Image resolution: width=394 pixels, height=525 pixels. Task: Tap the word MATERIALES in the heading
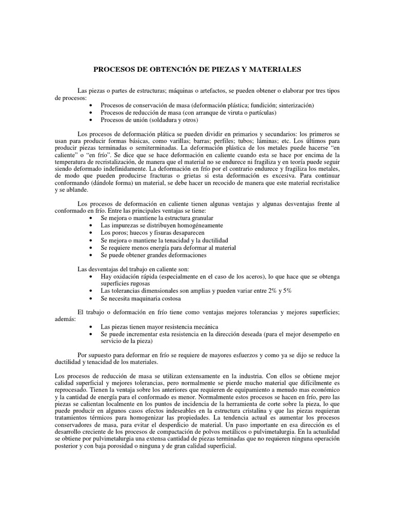point(277,69)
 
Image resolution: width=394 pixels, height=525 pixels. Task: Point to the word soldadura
point(163,119)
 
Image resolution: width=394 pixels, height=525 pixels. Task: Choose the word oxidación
point(125,277)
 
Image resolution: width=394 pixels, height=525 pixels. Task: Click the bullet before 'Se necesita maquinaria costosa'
point(91,298)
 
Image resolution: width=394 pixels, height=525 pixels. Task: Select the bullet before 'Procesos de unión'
point(91,119)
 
